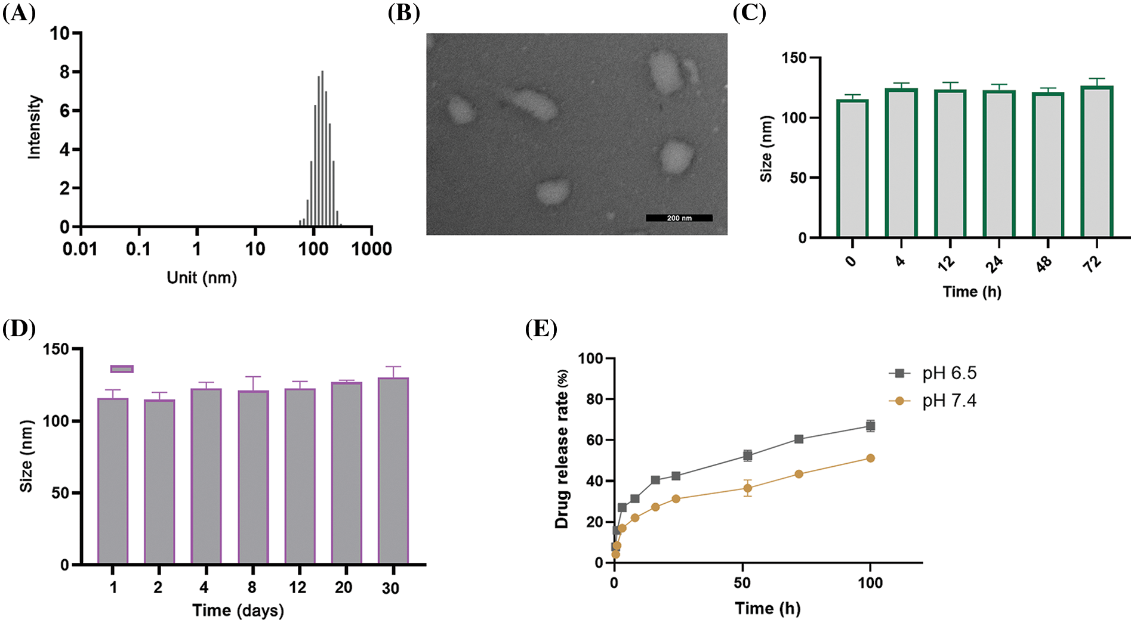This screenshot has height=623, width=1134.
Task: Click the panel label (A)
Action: [19, 13]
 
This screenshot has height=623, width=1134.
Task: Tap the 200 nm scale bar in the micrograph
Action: [679, 218]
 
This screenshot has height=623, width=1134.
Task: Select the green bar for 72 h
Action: [1097, 162]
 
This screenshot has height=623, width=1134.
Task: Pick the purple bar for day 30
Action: [393, 471]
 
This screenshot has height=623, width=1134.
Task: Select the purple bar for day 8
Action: [253, 477]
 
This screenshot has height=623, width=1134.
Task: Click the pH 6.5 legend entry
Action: [935, 374]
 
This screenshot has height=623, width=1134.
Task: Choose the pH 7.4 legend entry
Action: [935, 401]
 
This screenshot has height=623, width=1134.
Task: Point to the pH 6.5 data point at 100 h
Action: [870, 426]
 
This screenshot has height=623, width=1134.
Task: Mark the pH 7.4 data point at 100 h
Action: [870, 458]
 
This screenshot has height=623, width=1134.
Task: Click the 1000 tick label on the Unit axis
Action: [371, 249]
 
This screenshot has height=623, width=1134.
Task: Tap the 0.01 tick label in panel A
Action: [80, 249]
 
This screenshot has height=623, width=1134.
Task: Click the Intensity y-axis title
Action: [35, 127]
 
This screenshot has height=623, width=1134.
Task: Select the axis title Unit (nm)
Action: [202, 278]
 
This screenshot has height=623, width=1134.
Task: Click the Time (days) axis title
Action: [238, 610]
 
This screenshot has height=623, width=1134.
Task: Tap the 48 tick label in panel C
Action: [1044, 263]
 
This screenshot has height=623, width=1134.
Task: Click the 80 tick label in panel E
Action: [594, 399]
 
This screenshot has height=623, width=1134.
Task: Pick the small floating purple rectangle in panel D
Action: [122, 369]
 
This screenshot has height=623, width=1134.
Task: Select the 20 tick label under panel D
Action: [344, 588]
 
